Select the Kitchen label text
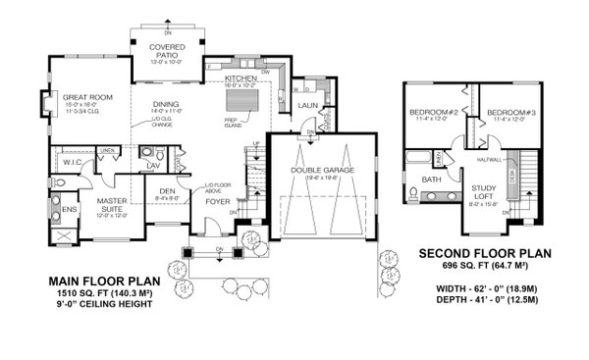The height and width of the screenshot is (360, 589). pyautogui.click(x=240, y=77)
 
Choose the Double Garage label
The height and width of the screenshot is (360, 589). pyautogui.click(x=323, y=170)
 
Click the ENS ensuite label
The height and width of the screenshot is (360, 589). pyautogui.click(x=69, y=208)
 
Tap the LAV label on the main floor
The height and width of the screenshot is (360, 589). pyautogui.click(x=153, y=167)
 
